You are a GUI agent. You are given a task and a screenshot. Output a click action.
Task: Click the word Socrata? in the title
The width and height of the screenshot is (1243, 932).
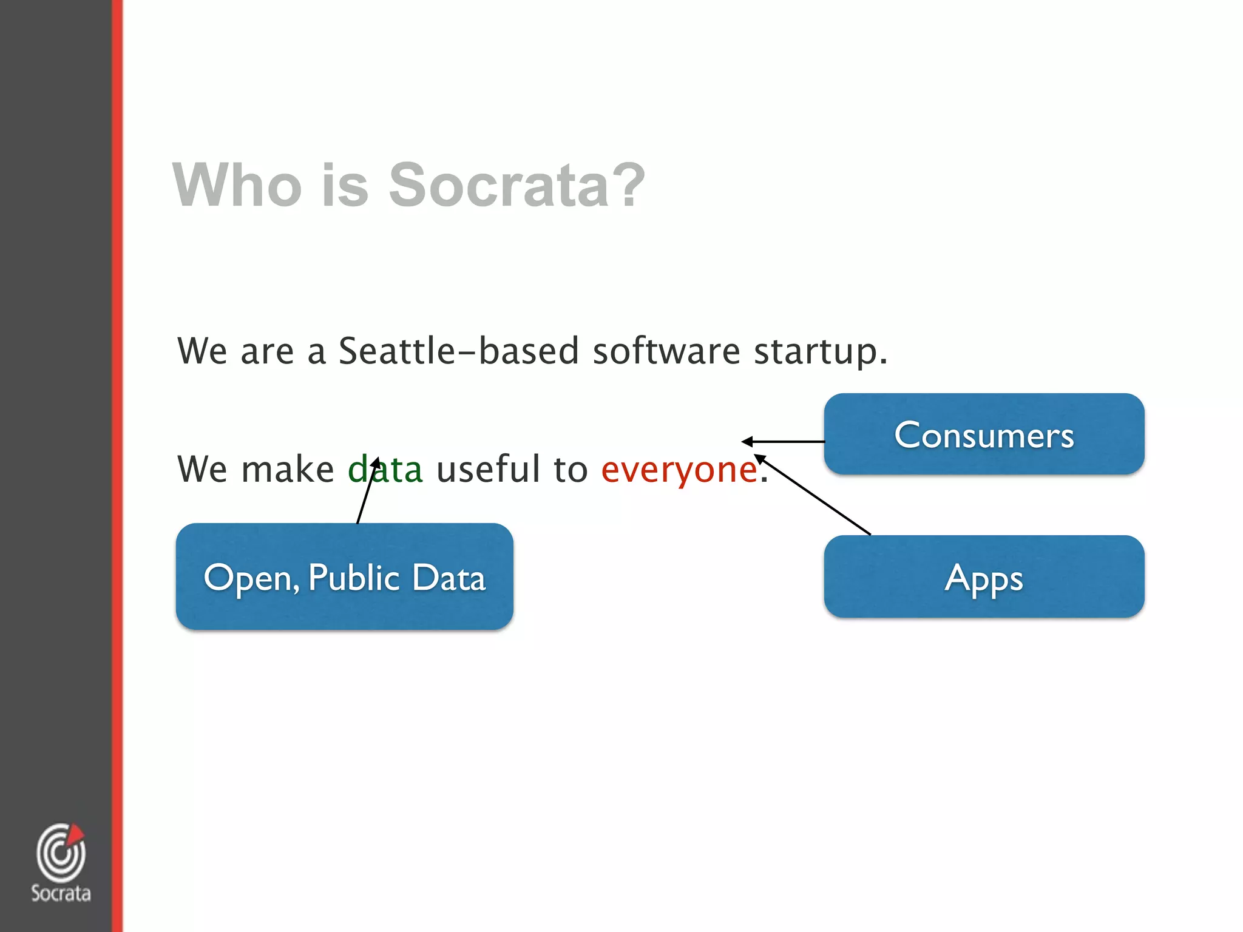pos(517,184)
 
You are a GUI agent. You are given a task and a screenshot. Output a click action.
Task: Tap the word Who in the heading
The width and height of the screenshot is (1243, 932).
pos(237,184)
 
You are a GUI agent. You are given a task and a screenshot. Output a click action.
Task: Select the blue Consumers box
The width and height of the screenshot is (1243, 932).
pos(984,434)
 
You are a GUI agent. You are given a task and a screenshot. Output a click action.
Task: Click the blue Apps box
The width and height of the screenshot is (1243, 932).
pos(984,577)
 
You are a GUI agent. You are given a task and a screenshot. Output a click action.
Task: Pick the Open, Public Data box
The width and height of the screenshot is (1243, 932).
pos(344,576)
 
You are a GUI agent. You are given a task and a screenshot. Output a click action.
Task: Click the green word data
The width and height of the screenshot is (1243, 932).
pos(385,469)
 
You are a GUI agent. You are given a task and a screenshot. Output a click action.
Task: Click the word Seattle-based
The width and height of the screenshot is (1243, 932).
pos(458,351)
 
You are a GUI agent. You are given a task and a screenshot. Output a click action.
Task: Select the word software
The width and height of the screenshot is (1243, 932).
pos(666,351)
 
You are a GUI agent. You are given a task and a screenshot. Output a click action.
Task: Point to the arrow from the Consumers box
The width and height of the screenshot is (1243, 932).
pos(783,442)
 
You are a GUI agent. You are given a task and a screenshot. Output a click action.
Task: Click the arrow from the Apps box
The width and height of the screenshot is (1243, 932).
pos(813,495)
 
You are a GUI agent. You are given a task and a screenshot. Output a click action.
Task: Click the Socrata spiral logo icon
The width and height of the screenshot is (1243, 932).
pos(60,853)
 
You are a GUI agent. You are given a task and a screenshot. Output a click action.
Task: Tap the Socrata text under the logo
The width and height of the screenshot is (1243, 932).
pos(61,893)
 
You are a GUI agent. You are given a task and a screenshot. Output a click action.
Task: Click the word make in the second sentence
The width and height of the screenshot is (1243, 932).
pos(287,469)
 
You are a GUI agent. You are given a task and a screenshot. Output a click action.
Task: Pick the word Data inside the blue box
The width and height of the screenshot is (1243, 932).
pos(449,577)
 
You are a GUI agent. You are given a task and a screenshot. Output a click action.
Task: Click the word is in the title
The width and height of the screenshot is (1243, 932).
pos(345,184)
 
